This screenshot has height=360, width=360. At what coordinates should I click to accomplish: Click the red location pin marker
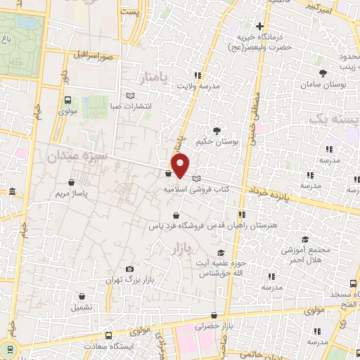pos(181,165)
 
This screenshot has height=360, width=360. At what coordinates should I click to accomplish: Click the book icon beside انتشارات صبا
pos(129,96)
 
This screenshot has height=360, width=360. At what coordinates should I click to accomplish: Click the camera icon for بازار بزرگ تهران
pos(129,269)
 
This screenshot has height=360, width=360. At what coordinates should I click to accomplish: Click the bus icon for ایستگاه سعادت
pos(108,336)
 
